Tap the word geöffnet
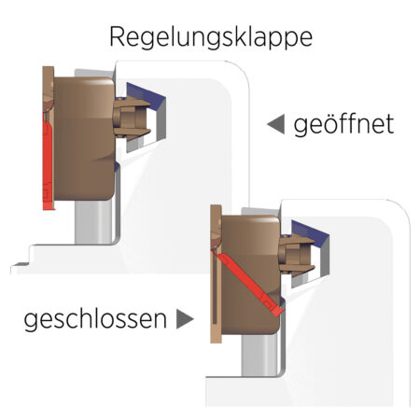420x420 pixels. coord(343,125)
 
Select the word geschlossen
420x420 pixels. coord(95,319)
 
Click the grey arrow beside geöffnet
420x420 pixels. coord(276,124)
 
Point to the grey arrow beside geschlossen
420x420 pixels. coord(185,319)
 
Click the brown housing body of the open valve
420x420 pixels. coord(84,138)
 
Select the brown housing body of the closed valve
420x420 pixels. coord(251,274)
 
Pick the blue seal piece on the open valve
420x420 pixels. coord(147,93)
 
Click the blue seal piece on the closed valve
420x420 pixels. coord(311,231)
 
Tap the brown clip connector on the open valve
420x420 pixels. coord(131,117)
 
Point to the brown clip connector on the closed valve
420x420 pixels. coord(296,255)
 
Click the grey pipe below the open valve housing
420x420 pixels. coord(93,221)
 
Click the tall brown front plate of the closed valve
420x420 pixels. coord(216,273)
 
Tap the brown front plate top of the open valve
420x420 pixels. coord(49,89)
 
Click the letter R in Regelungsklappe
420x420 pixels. coord(118,36)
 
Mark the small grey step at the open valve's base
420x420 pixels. coord(20,266)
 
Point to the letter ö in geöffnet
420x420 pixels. coord(323,123)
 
